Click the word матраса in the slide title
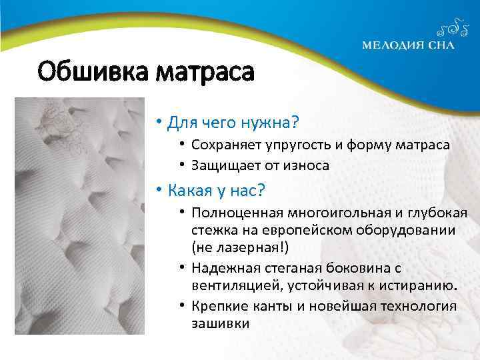click(x=205, y=71)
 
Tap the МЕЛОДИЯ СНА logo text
click(x=409, y=46)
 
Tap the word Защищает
click(x=221, y=165)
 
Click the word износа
click(x=307, y=165)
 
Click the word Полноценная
click(x=237, y=213)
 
